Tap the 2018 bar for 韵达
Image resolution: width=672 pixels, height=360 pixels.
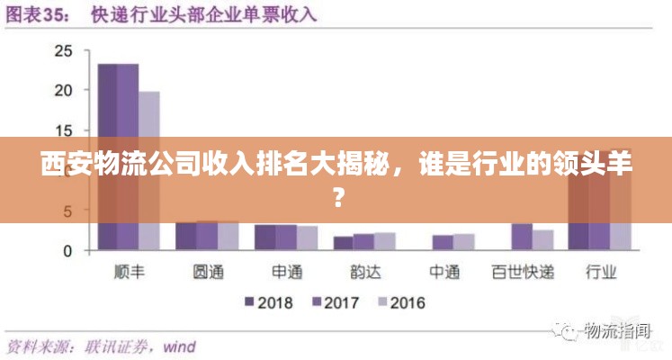343,243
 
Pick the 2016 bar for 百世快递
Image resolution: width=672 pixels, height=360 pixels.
542,239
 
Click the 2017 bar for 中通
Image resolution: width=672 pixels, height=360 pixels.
443,242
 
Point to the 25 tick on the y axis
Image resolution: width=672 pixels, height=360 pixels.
63,50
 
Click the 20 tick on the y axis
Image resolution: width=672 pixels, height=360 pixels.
63,90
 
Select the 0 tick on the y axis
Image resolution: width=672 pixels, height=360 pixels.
67,251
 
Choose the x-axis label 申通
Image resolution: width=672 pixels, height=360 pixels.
288,272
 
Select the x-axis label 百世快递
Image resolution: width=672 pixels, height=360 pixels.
523,272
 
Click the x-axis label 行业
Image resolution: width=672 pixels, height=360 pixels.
601,272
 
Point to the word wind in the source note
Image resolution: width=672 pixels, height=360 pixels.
178,346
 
